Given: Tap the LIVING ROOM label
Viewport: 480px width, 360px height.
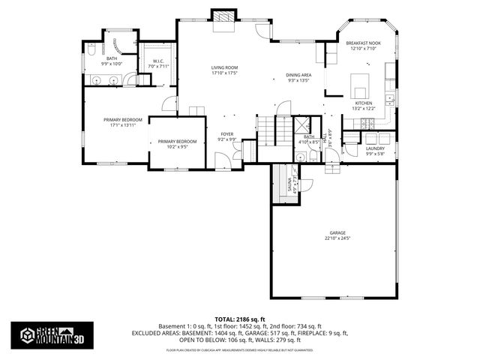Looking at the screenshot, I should pyautogui.click(x=223, y=70).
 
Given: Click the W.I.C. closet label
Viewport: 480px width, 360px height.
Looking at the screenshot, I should pyautogui.click(x=158, y=64).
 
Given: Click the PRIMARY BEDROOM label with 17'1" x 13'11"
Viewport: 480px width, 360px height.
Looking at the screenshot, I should pyautogui.click(x=123, y=122).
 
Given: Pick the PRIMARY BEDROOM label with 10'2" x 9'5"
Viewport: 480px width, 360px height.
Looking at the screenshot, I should pyautogui.click(x=177, y=143).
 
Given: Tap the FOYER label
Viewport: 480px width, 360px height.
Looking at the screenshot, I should pyautogui.click(x=226, y=136).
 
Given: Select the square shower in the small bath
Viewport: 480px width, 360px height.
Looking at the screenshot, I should pyautogui.click(x=304, y=125).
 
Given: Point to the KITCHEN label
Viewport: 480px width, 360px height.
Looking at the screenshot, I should pyautogui.click(x=363, y=106).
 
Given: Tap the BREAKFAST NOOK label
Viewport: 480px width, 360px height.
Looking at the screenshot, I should pyautogui.click(x=363, y=46).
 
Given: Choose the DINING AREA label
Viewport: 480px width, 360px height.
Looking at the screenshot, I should pyautogui.click(x=298, y=77).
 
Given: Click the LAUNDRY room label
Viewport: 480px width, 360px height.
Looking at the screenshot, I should pyautogui.click(x=375, y=150).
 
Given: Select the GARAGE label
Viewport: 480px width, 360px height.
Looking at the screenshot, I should pyautogui.click(x=337, y=235).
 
